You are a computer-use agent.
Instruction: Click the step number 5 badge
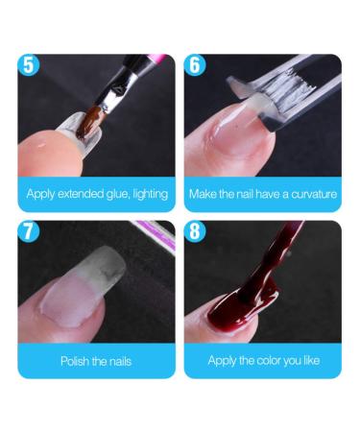tap(31, 65)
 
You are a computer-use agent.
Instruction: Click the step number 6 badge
tap(198, 65)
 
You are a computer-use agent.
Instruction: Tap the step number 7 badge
tap(31, 232)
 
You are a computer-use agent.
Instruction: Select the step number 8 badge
tap(198, 232)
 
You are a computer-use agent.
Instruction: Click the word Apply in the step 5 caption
tap(41, 195)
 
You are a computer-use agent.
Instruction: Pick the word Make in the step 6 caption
tap(203, 195)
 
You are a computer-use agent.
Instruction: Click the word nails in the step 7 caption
tap(116, 362)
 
